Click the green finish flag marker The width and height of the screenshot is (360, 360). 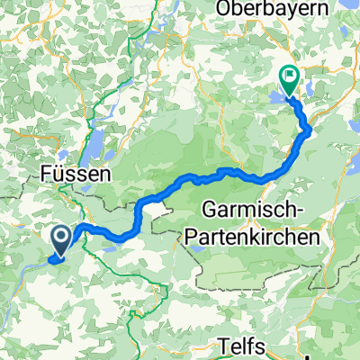(291, 80)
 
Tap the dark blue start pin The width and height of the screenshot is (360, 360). (61, 240)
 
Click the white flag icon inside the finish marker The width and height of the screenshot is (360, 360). (291, 76)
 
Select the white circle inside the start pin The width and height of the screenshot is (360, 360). (61, 236)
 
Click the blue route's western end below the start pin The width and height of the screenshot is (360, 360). (56, 261)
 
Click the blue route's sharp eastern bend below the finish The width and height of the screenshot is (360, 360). (310, 132)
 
